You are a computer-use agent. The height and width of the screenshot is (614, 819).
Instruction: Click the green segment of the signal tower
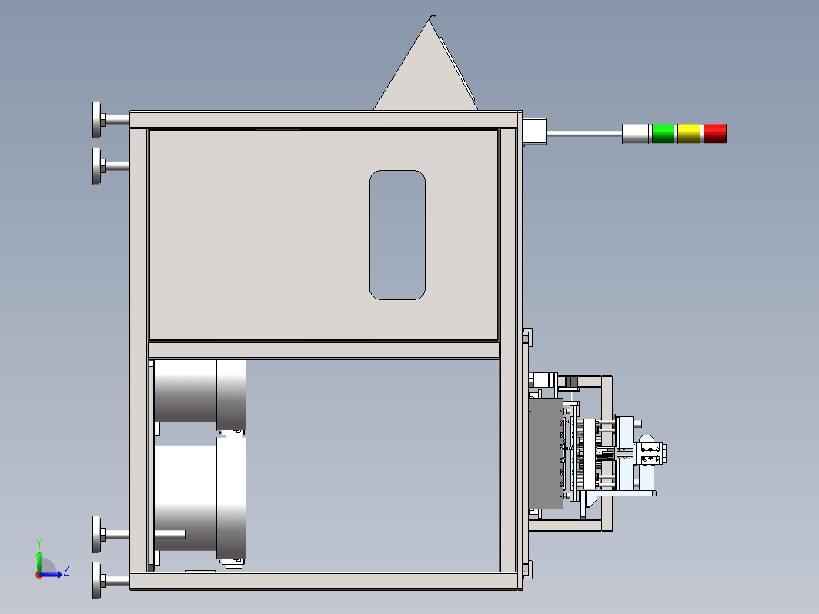pyautogui.click(x=663, y=133)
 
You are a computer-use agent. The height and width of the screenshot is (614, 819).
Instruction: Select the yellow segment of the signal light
pyautogui.click(x=688, y=133)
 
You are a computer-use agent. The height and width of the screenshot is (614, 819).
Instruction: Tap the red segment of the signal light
pyautogui.click(x=714, y=133)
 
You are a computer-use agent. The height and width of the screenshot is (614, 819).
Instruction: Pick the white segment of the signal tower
pyautogui.click(x=635, y=133)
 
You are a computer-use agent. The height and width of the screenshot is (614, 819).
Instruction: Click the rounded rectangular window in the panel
pyautogui.click(x=397, y=235)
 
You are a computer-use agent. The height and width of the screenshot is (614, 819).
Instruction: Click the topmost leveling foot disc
pyautogui.click(x=97, y=120)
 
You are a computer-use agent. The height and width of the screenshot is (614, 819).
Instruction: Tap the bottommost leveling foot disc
pyautogui.click(x=97, y=581)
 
